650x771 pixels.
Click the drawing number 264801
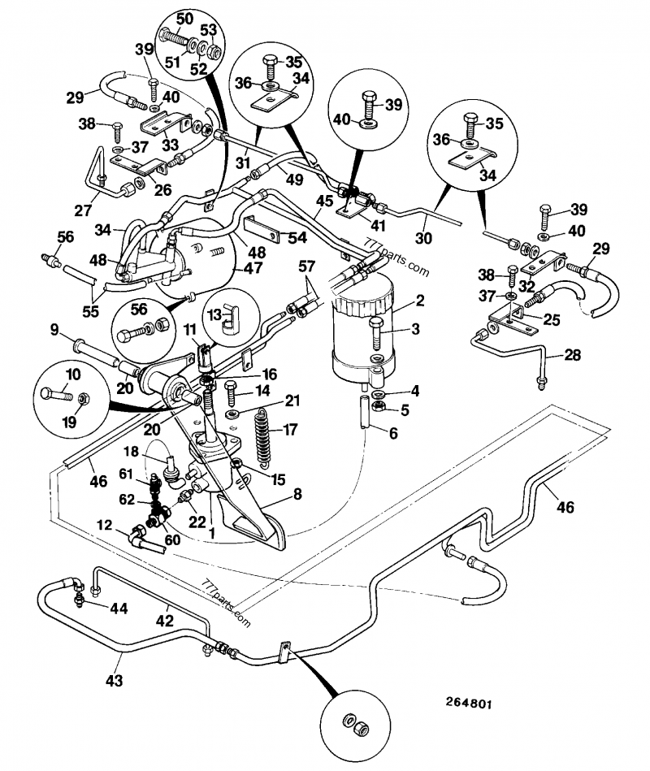coord(469,704)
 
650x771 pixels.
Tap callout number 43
coord(115,681)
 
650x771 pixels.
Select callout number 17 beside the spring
coord(290,429)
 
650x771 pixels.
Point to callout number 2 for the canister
coord(419,300)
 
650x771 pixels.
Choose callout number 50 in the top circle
coord(184,19)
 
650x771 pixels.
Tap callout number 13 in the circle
coord(214,314)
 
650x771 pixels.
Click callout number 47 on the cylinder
coord(253,268)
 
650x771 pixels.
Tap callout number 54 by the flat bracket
coord(298,237)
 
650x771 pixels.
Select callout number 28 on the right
coord(573,354)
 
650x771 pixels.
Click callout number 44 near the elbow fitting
coord(119,609)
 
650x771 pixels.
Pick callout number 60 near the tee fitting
coord(172,539)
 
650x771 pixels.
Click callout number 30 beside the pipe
coord(423,238)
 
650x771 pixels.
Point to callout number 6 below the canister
coord(393,433)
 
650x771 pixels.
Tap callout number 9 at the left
coord(54,329)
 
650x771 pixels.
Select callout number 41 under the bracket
coord(378,225)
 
